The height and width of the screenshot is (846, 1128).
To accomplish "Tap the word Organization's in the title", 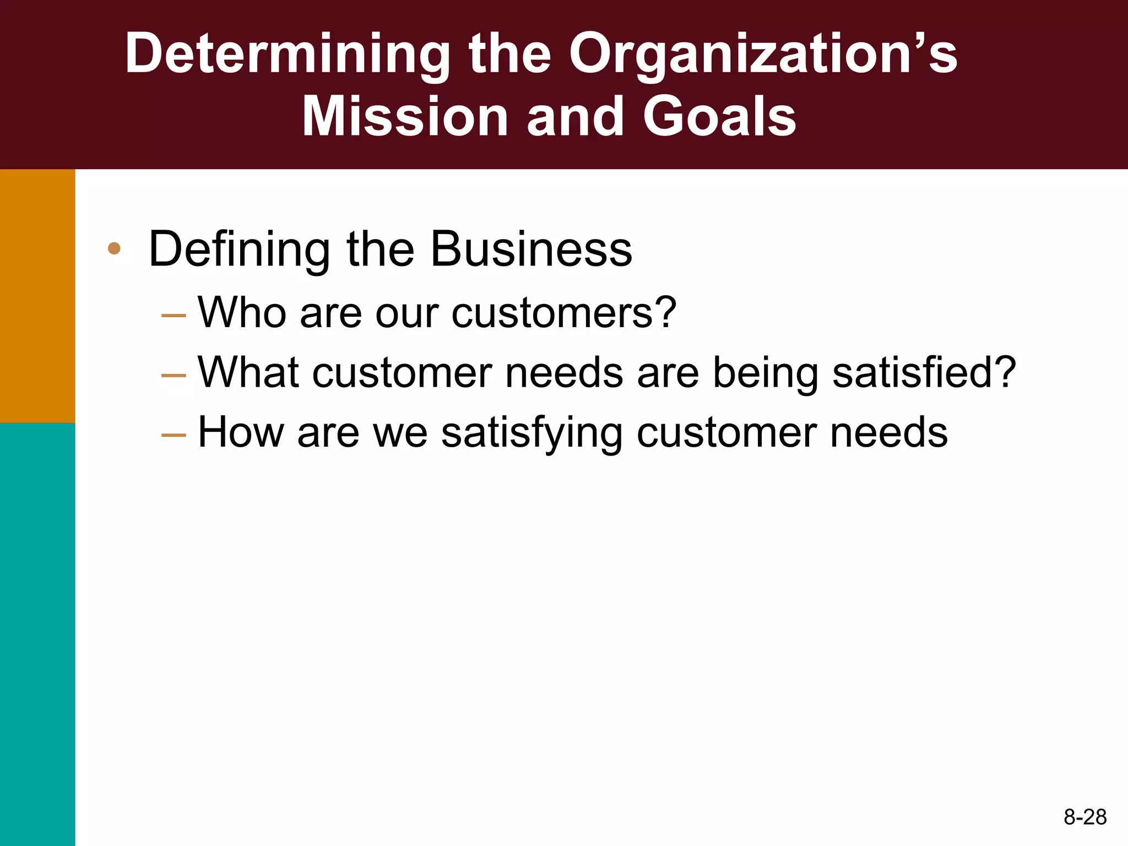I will (763, 54).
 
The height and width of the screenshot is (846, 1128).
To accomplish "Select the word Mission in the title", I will (405, 117).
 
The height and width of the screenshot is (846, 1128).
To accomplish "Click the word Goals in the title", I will (719, 117).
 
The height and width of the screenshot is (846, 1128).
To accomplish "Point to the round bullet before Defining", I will (114, 248).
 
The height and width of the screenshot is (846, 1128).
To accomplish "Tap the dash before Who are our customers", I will (173, 316).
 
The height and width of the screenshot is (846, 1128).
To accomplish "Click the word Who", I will (242, 313).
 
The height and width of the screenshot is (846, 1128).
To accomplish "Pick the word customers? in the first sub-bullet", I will (563, 313).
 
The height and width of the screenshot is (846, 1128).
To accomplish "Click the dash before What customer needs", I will (173, 376).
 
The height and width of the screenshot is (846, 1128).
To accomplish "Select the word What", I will (248, 373).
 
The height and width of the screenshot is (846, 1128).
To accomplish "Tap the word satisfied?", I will (924, 373).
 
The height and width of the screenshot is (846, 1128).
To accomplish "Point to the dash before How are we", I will (173, 436).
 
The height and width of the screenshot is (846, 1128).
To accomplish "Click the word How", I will (240, 432).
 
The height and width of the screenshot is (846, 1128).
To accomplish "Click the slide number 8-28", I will (1084, 817).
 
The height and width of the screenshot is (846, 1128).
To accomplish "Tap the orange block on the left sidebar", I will (37, 296).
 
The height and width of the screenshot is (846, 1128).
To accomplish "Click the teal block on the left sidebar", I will (37, 633).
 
